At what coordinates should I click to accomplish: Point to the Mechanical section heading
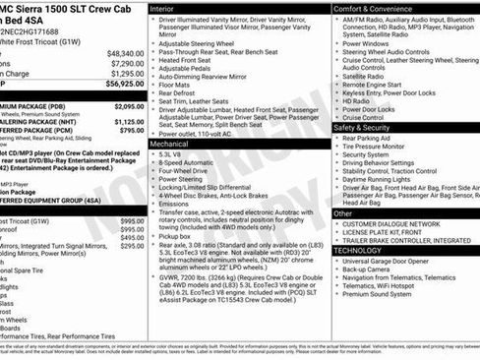(169, 143)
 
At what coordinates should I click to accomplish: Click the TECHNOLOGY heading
(358, 250)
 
